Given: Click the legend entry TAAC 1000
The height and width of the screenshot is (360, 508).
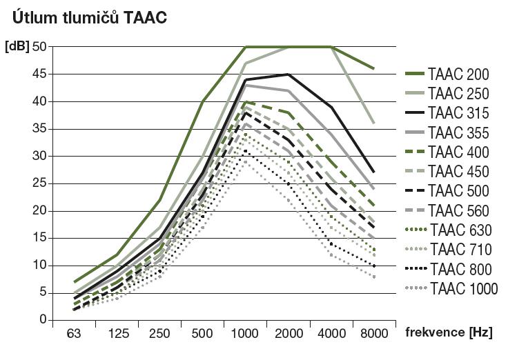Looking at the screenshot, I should tap(462, 288).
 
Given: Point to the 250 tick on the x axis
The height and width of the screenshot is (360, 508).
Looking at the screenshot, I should tap(160, 334).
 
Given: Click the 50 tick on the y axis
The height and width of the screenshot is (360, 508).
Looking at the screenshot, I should tap(39, 47).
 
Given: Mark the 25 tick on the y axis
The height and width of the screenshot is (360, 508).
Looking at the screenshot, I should tap(39, 183).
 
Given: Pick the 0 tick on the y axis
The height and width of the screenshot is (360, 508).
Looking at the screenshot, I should tap(43, 320).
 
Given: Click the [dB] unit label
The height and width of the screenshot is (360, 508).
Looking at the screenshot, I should tap(17, 47).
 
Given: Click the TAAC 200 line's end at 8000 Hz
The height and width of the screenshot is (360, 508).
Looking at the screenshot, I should tap(374, 69).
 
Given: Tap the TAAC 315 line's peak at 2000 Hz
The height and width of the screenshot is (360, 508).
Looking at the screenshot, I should tap(288, 74).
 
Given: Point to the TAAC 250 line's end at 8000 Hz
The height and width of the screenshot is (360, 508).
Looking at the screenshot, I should tap(374, 123).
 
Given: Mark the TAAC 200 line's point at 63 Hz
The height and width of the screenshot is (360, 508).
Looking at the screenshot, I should tap(74, 281).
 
